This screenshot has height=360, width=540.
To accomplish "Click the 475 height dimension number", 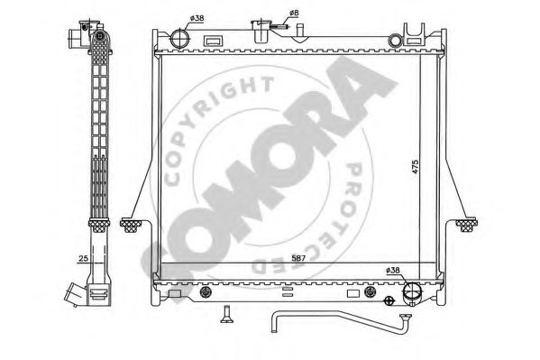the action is tap(415, 166).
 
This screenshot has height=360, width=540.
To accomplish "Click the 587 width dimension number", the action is tap(298, 258).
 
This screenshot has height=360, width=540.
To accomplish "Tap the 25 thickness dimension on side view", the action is tap(83, 258).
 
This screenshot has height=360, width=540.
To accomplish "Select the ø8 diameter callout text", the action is tap(294, 14).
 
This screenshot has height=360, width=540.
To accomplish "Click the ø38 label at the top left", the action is tap(197, 18).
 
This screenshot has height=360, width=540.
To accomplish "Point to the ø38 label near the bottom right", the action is tap(393, 271).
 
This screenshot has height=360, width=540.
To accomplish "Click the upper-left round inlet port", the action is tap(179, 39).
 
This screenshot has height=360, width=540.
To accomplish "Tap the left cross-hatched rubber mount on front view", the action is tap(131, 226).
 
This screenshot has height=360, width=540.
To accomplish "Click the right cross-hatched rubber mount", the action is tap(466, 225).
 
